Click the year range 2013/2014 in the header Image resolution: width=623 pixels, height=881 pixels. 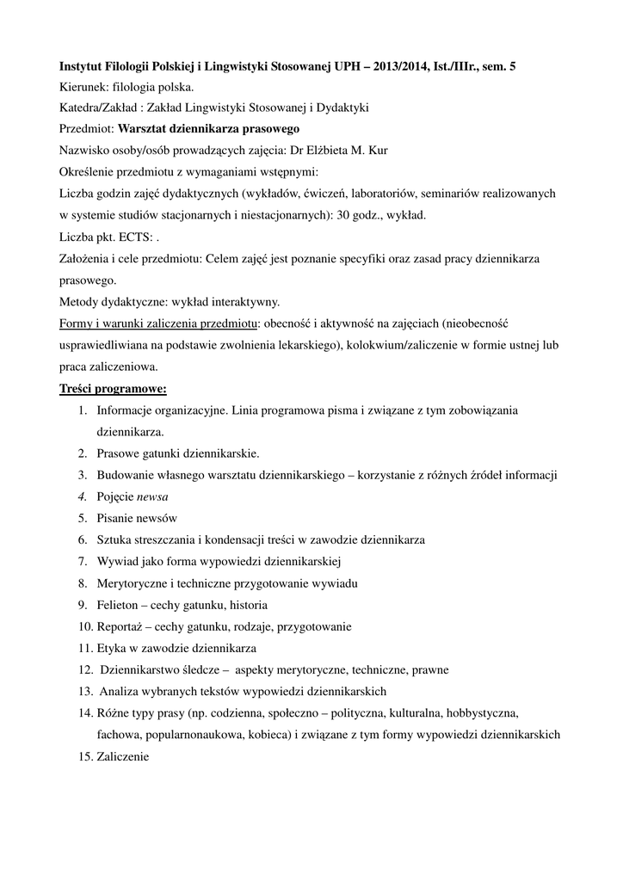click(412, 66)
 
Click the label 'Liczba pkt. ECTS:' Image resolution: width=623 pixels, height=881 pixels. click(106, 237)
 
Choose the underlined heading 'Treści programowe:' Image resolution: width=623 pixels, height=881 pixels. click(113, 388)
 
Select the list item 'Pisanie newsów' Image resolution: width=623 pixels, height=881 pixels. click(137, 518)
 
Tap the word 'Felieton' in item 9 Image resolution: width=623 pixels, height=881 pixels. click(118, 604)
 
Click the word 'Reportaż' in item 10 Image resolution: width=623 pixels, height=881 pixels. click(120, 625)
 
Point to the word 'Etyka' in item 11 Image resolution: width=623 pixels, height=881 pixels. click(113, 648)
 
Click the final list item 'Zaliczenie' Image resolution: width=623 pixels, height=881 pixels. click(123, 756)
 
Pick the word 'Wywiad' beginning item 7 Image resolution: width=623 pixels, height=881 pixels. click(116, 561)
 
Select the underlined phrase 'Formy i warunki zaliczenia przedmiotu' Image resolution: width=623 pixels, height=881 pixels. click(159, 323)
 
